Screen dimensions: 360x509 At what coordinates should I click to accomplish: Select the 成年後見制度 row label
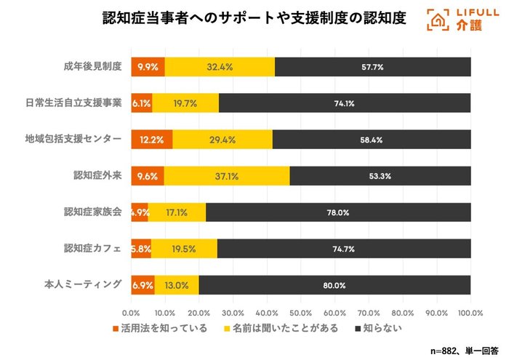click(x=92, y=66)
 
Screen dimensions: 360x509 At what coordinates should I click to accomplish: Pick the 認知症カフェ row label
click(x=92, y=248)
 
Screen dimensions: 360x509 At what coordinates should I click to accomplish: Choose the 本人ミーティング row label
click(x=83, y=284)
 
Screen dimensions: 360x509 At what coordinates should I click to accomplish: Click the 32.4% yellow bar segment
click(x=220, y=67)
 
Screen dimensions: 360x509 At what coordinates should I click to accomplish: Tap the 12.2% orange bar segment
click(x=151, y=139)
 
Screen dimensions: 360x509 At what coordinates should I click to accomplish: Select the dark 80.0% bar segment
click(x=334, y=285)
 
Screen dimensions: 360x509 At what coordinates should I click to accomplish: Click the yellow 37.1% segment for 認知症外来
click(x=226, y=175)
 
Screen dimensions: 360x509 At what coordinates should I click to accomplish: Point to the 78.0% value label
click(x=338, y=213)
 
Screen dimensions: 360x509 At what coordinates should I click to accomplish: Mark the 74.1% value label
click(x=344, y=103)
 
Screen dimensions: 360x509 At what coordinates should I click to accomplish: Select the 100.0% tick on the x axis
click(x=470, y=313)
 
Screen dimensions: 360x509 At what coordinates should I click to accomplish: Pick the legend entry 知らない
click(x=378, y=329)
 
